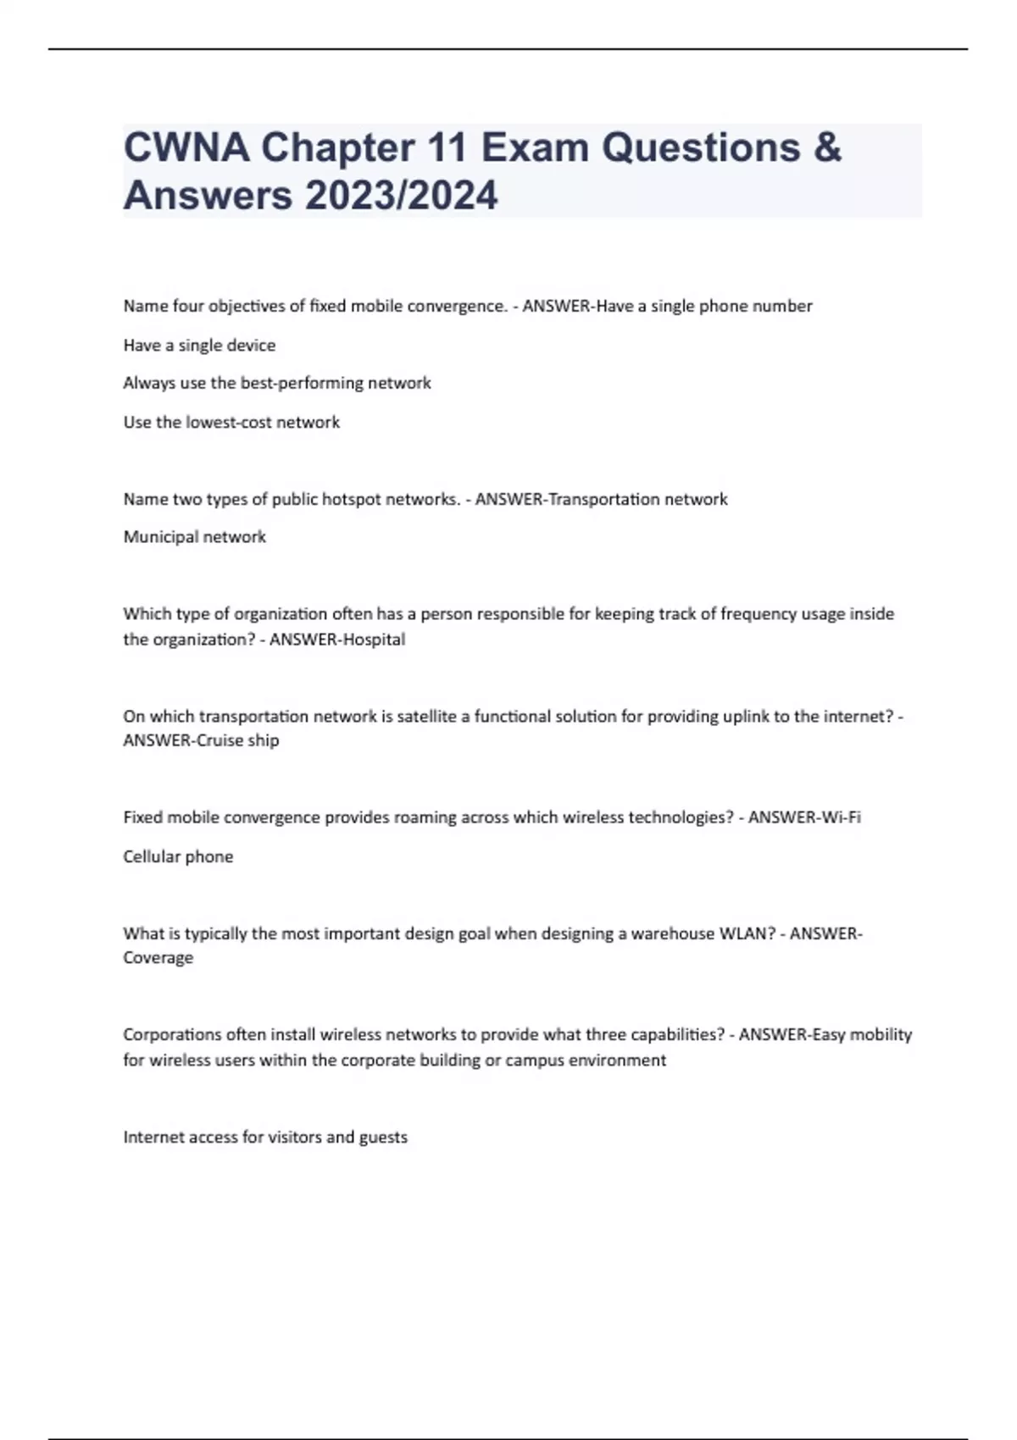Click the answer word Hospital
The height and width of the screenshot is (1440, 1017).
pos(372,640)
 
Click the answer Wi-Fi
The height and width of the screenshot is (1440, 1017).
pos(842,817)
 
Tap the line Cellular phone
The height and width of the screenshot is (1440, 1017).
pos(178,856)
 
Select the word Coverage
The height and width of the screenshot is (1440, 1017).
pos(158,958)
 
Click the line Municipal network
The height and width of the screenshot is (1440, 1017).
pos(195,537)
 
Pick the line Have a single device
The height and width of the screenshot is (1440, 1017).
pos(199,346)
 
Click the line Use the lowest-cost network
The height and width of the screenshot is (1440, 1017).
pos(231,423)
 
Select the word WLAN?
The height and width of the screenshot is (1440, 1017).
pos(747,933)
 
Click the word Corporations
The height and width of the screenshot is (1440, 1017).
pos(172,1034)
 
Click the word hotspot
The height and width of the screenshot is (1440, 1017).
pos(351,499)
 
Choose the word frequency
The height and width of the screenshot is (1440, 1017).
pos(753,614)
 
